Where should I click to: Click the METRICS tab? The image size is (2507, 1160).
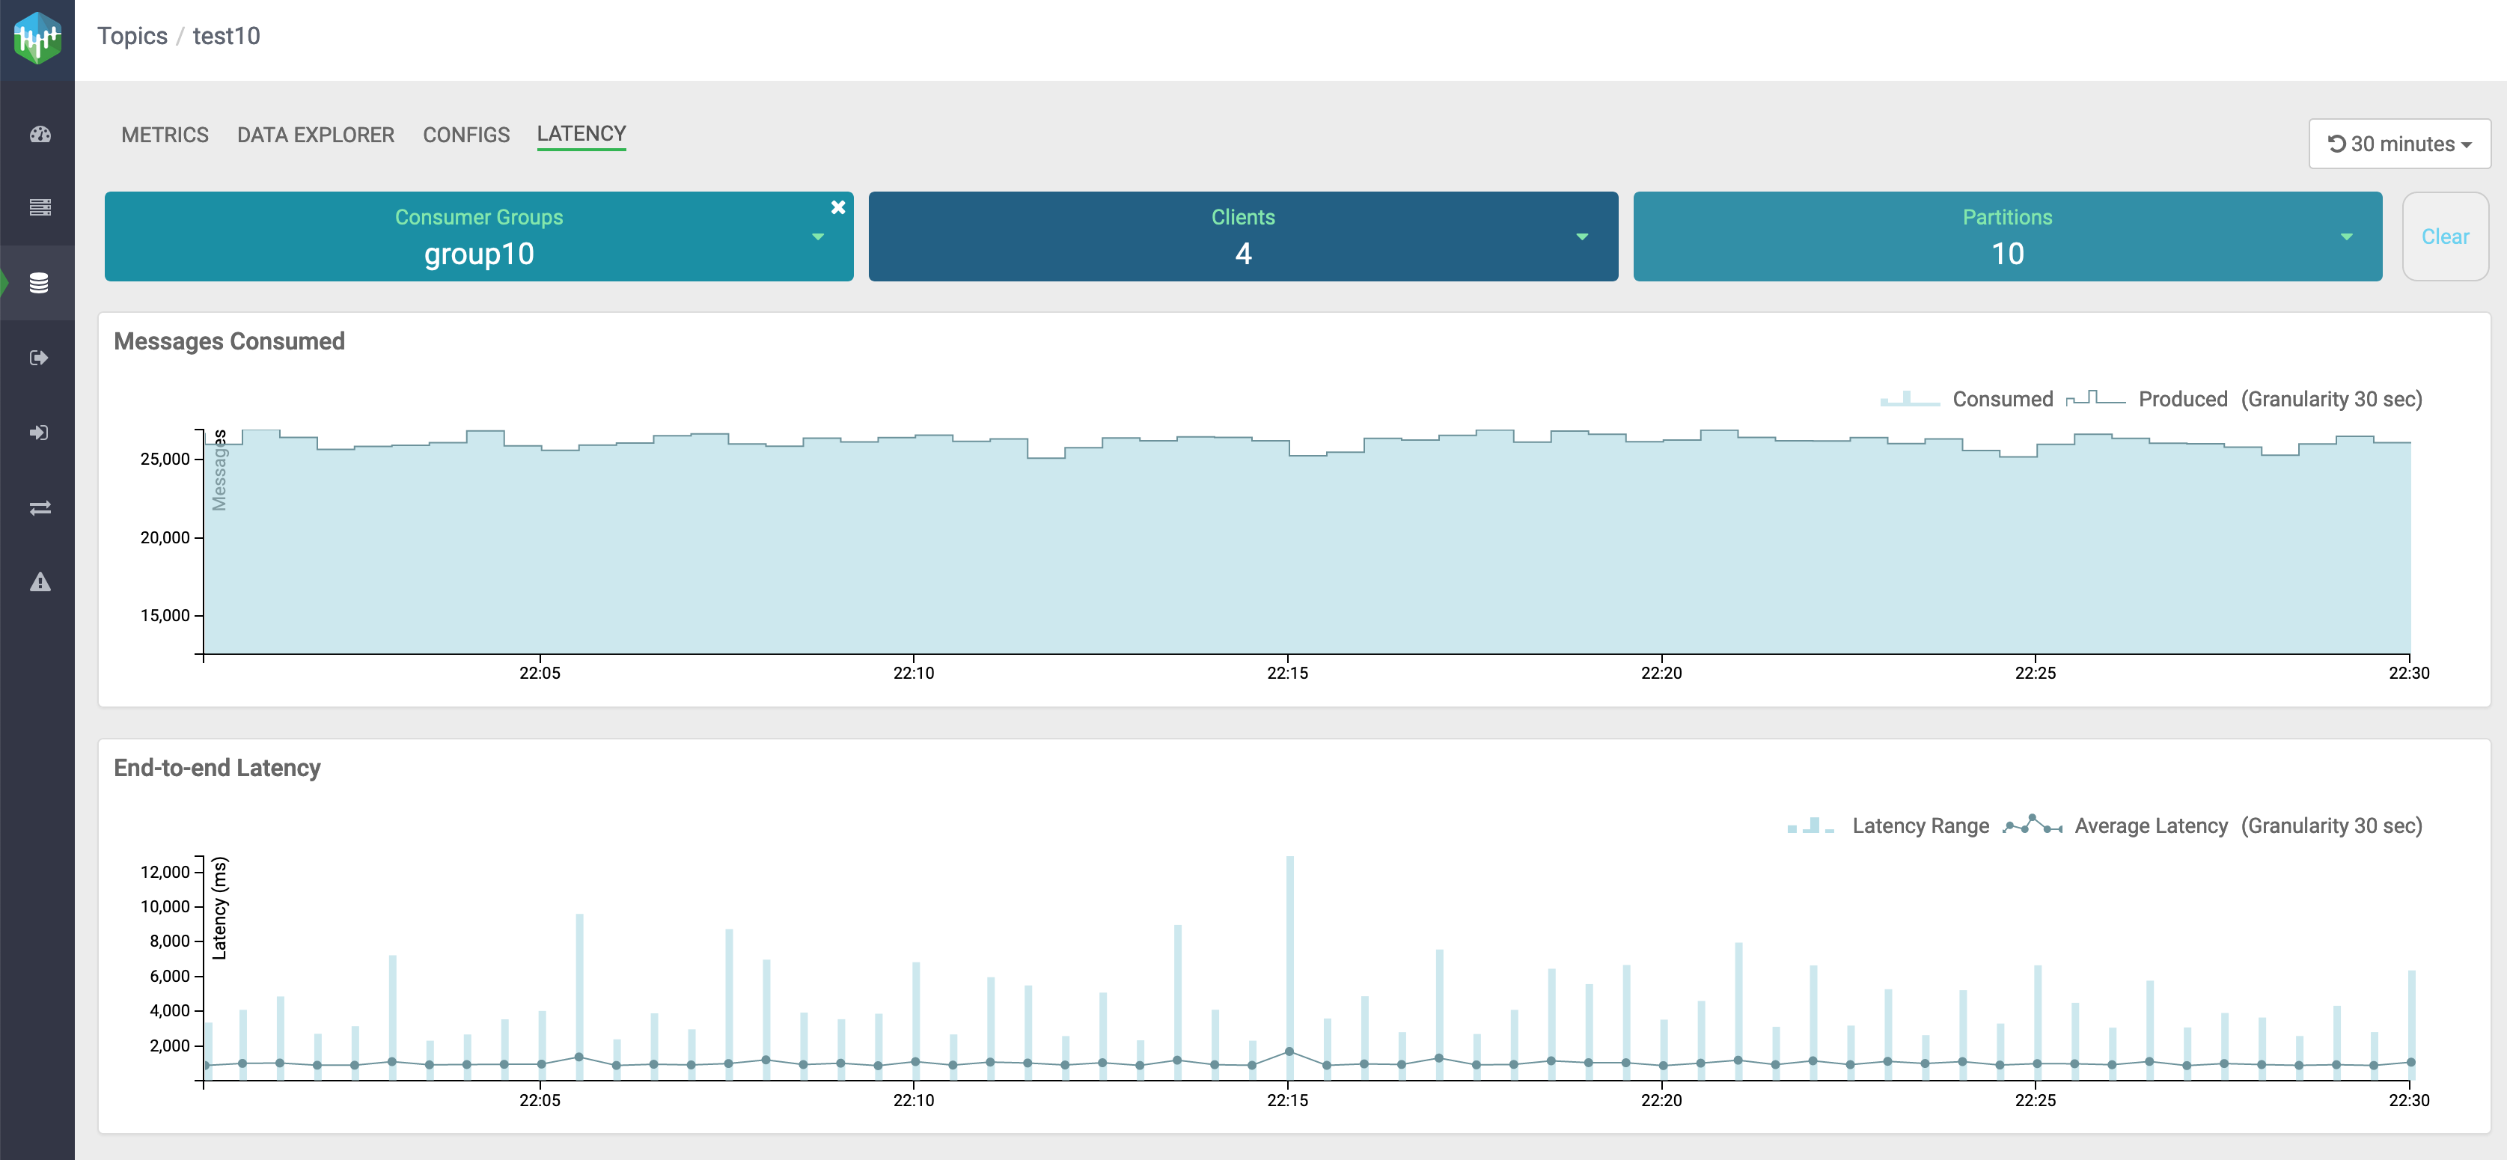point(165,135)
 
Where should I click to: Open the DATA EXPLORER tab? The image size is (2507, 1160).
point(315,135)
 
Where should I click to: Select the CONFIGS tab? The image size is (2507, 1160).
point(466,135)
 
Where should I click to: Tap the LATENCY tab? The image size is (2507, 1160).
point(581,134)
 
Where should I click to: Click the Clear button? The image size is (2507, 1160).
point(2445,236)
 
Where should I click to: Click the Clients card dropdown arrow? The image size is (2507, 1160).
point(1581,236)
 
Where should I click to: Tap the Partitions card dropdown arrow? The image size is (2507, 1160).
point(2346,236)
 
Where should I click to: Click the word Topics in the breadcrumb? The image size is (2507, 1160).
point(132,36)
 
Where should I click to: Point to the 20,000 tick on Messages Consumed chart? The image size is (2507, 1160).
point(165,537)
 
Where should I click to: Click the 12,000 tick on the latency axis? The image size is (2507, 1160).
point(165,872)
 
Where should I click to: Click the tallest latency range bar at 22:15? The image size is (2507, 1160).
point(1289,953)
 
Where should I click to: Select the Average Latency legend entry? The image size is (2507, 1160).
point(2150,826)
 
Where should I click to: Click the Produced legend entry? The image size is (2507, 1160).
point(2182,399)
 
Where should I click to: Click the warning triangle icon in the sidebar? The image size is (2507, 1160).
point(39,582)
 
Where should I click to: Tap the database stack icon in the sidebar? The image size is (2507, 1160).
point(39,283)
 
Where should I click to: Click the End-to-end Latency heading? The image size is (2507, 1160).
point(217,768)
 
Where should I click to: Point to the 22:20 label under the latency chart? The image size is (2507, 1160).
point(1661,1101)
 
